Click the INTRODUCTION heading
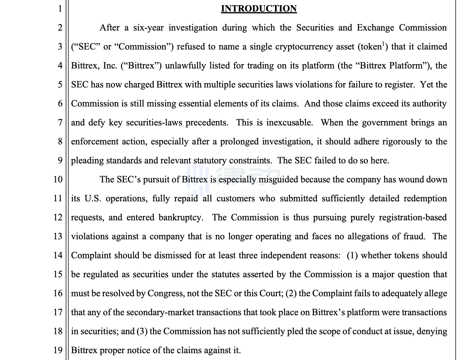pos(259,9)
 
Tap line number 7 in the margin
pos(60,122)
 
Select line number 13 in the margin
pos(58,236)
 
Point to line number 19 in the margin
pos(58,350)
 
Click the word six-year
pos(148,28)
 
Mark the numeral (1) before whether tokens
pos(352,256)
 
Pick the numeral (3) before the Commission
pos(142,332)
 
